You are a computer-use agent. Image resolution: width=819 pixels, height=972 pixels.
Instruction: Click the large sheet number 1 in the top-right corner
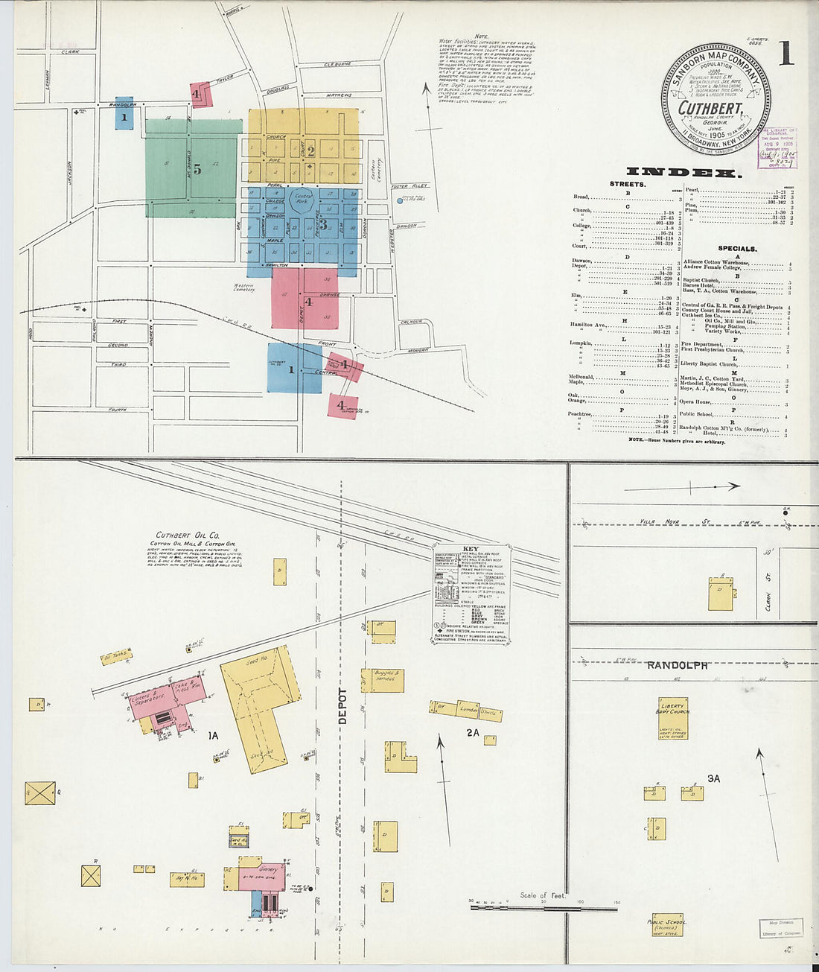pos(785,53)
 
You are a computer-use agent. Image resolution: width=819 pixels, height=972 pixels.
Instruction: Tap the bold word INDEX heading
pos(683,173)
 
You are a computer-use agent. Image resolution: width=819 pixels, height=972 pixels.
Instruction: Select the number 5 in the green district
pos(197,169)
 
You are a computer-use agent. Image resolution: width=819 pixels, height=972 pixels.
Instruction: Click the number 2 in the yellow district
pos(310,150)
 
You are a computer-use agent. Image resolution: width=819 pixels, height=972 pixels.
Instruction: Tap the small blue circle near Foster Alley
pos(400,200)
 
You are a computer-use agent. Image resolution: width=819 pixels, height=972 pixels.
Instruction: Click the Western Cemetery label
pos(243,288)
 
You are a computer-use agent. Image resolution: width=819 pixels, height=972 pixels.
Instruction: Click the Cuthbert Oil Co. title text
pos(187,535)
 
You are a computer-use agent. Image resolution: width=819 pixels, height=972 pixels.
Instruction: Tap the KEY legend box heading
pos(471,549)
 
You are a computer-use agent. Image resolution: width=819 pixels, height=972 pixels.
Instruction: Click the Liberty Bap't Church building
pos(673,717)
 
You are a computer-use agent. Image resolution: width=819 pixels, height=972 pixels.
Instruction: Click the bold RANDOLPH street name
pos(676,664)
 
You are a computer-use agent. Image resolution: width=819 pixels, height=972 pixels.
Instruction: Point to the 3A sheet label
pos(713,778)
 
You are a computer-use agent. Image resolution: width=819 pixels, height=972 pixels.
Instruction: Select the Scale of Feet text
pos(542,895)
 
